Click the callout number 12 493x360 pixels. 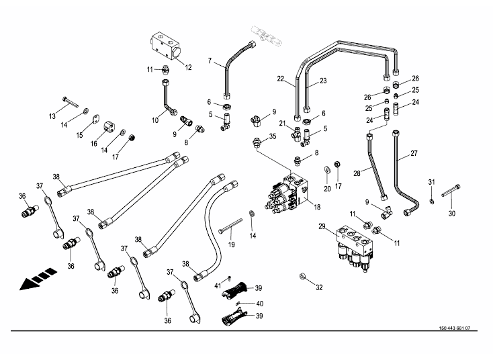(188, 67)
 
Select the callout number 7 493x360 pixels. (210, 62)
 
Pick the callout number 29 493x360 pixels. (322, 226)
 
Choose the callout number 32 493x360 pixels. (319, 287)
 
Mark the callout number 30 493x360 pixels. (451, 214)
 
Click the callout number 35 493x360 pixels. (272, 137)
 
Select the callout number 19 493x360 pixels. (231, 244)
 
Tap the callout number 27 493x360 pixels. (414, 154)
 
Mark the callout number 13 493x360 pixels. (52, 116)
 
